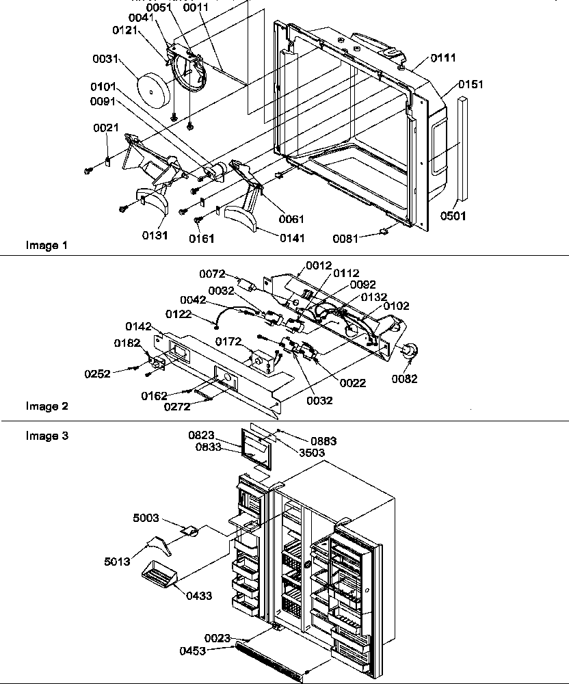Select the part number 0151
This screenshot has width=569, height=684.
point(471,85)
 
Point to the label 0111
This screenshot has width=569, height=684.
point(444,59)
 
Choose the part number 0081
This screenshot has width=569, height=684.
point(346,239)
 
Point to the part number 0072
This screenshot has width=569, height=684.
point(212,274)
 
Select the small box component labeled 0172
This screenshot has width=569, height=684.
point(261,359)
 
